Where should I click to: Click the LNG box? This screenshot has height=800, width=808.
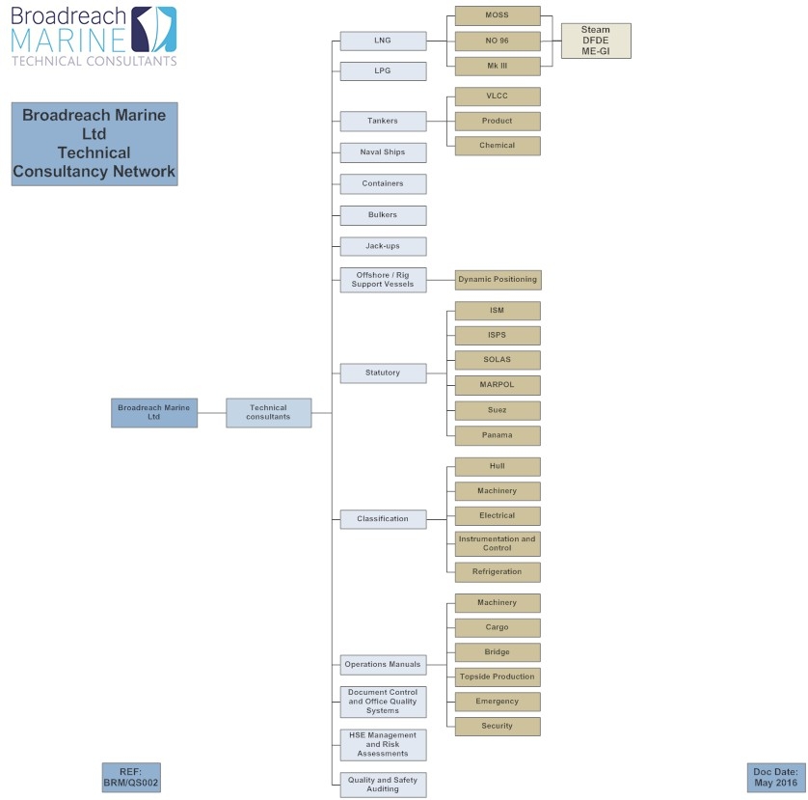pos(383,41)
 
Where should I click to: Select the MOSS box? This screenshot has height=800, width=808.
pos(498,15)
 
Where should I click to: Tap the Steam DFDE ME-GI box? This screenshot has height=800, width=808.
pos(596,41)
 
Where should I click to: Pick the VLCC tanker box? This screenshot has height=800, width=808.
pos(498,97)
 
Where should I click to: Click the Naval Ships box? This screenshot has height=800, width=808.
pos(383,152)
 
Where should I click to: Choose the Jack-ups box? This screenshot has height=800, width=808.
pos(383,246)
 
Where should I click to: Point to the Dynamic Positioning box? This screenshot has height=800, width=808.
pos(498,280)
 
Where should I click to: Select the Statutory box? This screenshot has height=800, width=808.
pos(383,372)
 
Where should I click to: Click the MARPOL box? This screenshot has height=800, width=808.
pos(498,385)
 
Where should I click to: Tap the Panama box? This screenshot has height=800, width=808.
pos(498,435)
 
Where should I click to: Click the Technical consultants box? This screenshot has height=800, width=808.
pos(268,413)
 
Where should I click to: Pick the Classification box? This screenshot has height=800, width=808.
pos(383,519)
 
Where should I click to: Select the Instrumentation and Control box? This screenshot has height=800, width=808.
pos(498,543)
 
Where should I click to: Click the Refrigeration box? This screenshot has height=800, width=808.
pos(498,572)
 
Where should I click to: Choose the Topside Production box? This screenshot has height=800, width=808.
pos(498,676)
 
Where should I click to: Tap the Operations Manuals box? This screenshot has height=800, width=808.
pos(383,664)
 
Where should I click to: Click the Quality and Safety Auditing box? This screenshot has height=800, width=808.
pos(383,785)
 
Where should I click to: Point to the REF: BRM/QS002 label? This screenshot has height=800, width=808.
pos(131,777)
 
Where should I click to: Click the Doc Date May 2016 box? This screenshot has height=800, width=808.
pos(776,777)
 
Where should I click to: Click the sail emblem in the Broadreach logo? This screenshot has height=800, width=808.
pos(154,29)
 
